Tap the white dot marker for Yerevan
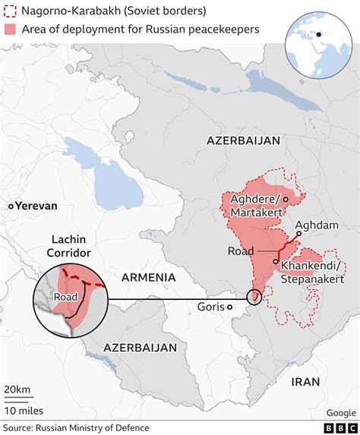click(x=11, y=206)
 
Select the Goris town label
click(x=210, y=307)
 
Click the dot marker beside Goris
click(x=229, y=307)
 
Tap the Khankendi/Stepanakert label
click(x=313, y=272)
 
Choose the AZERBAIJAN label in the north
click(x=243, y=140)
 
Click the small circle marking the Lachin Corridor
click(x=254, y=298)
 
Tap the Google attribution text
click(x=341, y=413)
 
